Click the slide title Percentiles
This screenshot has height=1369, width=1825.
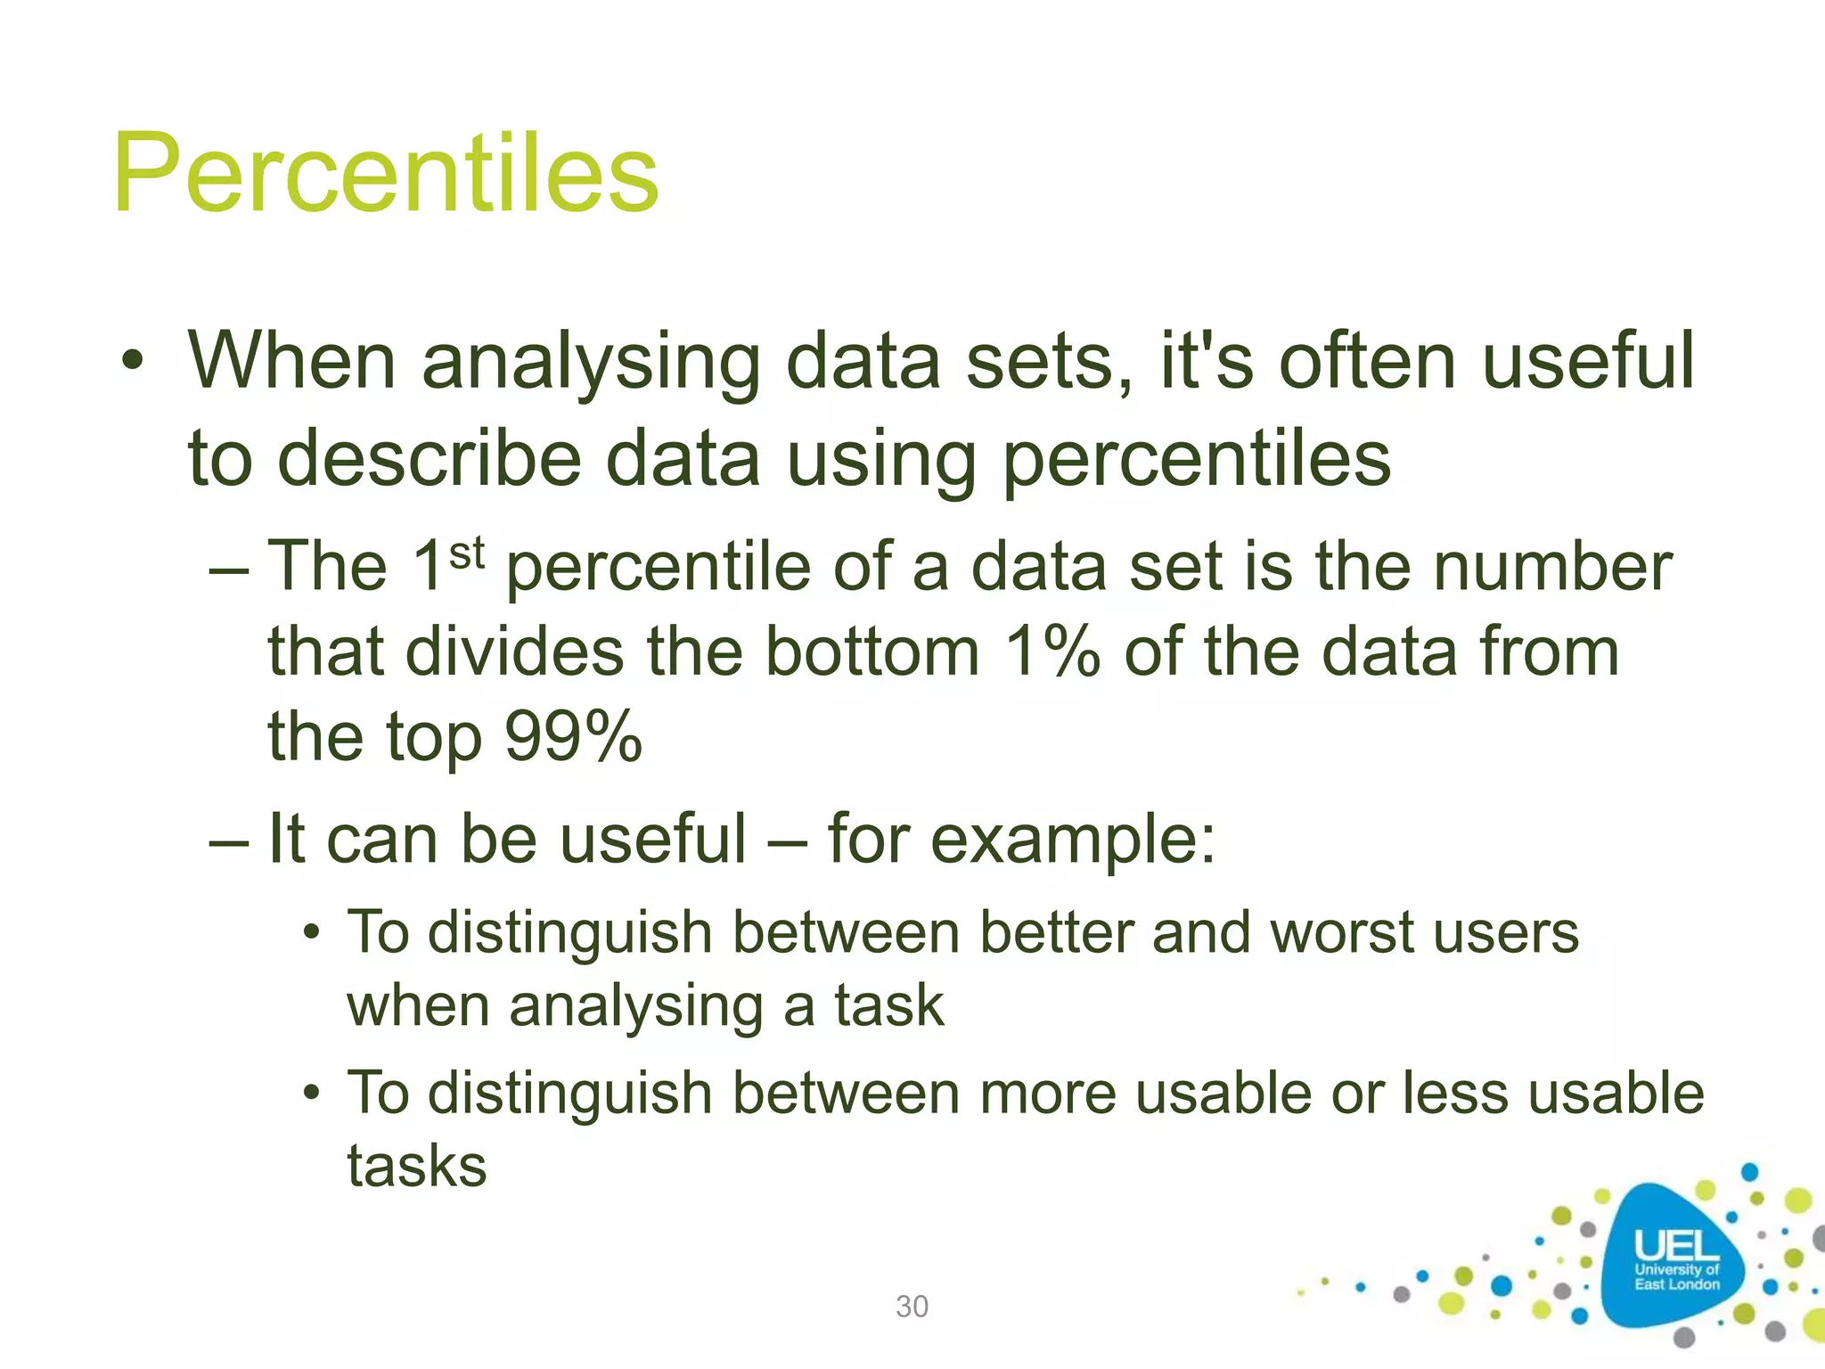[385, 174]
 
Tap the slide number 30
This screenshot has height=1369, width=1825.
[912, 1307]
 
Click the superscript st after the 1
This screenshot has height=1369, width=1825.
[466, 553]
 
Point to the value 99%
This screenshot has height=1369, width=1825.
[573, 737]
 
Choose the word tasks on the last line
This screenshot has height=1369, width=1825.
[417, 1167]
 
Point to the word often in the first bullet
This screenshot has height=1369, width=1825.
[1368, 361]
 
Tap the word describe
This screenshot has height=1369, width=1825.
[430, 459]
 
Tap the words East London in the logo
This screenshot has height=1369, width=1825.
[1676, 1284]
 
